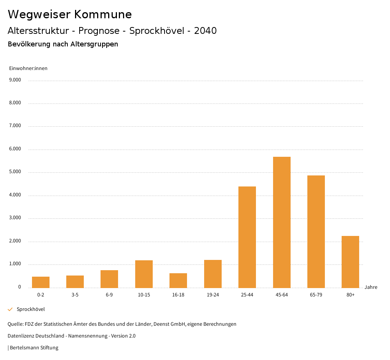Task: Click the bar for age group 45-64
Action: click(x=281, y=222)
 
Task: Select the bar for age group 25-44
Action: click(x=247, y=237)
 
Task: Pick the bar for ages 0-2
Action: click(x=41, y=282)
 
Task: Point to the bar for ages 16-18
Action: click(x=178, y=280)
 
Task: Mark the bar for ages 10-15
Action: click(x=144, y=274)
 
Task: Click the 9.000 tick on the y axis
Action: click(x=15, y=80)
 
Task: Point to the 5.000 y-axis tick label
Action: click(x=15, y=172)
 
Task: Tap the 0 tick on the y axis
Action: click(x=19, y=287)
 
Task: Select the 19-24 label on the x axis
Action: click(x=213, y=295)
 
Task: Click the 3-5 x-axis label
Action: click(x=75, y=295)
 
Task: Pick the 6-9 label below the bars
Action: click(x=109, y=295)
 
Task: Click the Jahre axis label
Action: click(x=371, y=287)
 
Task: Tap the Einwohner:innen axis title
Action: click(x=28, y=68)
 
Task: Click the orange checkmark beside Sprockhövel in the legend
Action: click(x=10, y=309)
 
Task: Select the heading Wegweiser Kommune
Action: click(x=70, y=14)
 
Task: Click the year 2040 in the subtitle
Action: click(x=205, y=31)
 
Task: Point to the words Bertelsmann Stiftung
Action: click(x=34, y=348)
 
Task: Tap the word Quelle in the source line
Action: click(x=15, y=324)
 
